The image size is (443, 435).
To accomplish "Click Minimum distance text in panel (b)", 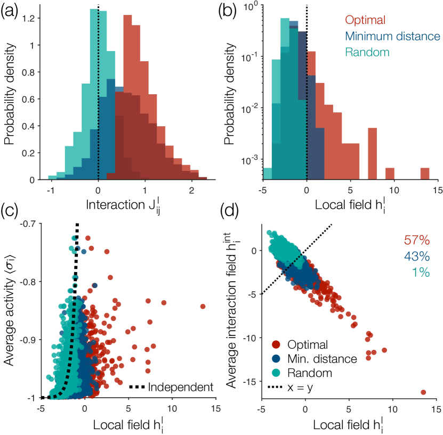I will coord(392,37).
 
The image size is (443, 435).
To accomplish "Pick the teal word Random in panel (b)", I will coord(367,52).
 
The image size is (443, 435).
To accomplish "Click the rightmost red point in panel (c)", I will coord(203,306).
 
